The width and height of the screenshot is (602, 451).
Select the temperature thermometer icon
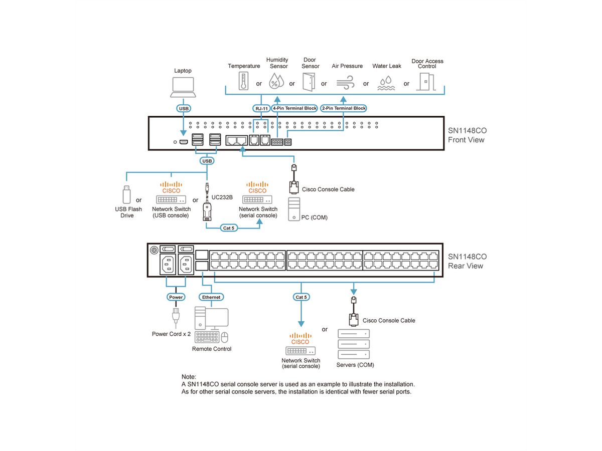pos(244,81)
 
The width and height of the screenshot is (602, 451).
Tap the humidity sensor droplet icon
pos(276,80)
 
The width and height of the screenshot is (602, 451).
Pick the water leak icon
pos(386,83)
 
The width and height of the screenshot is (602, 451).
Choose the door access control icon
pos(426,81)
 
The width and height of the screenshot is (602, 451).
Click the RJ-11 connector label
pos(260,108)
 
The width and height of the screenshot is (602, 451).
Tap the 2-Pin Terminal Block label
pos(343,108)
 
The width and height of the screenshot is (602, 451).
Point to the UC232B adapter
pos(207,205)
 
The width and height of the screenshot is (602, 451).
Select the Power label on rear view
pos(176,297)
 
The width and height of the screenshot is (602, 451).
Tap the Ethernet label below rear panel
pos(211,297)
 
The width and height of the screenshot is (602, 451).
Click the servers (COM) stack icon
pos(353,345)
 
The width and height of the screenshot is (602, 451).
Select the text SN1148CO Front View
pos(467,135)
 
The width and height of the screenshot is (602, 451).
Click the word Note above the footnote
pos(189,376)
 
